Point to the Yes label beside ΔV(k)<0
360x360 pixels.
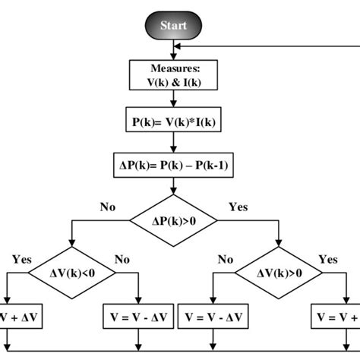coord(21,259)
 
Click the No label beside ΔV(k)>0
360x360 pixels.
coord(225,259)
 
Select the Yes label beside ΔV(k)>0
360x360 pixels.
coord(327,259)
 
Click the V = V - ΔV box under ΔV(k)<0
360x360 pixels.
coord(137,316)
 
